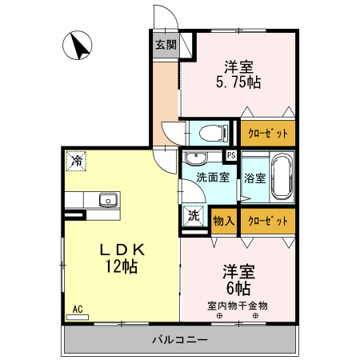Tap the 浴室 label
[x=255, y=178]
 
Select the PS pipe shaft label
[x=231, y=155]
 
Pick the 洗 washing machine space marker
[x=194, y=214]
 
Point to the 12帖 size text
[x=120, y=267]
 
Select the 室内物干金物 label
[x=238, y=305]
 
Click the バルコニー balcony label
[x=180, y=340]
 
